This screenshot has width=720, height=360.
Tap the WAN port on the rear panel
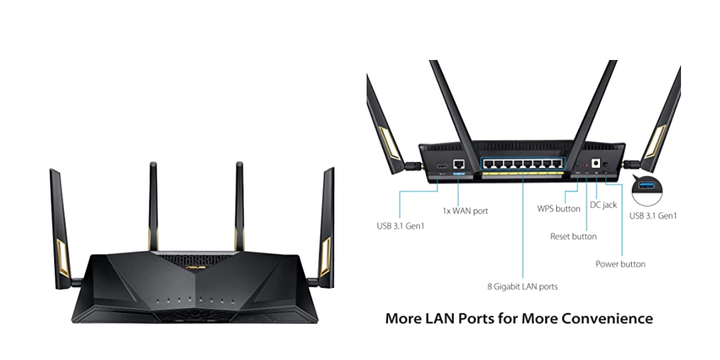pyautogui.click(x=459, y=164)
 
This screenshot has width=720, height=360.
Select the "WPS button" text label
pyautogui.click(x=559, y=209)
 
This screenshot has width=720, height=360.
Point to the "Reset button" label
pyautogui.click(x=574, y=236)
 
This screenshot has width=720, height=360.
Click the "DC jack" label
pyautogui.click(x=604, y=205)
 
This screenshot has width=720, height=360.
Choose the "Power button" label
pyautogui.click(x=620, y=264)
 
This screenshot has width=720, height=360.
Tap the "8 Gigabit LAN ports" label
pyautogui.click(x=522, y=287)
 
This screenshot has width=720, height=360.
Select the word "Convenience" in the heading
pyautogui.click(x=607, y=318)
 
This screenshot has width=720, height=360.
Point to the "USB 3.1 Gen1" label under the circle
pyautogui.click(x=653, y=215)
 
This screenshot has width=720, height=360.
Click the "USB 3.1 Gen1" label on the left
pyautogui.click(x=400, y=226)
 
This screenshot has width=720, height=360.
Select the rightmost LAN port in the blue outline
pyautogui.click(x=559, y=164)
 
